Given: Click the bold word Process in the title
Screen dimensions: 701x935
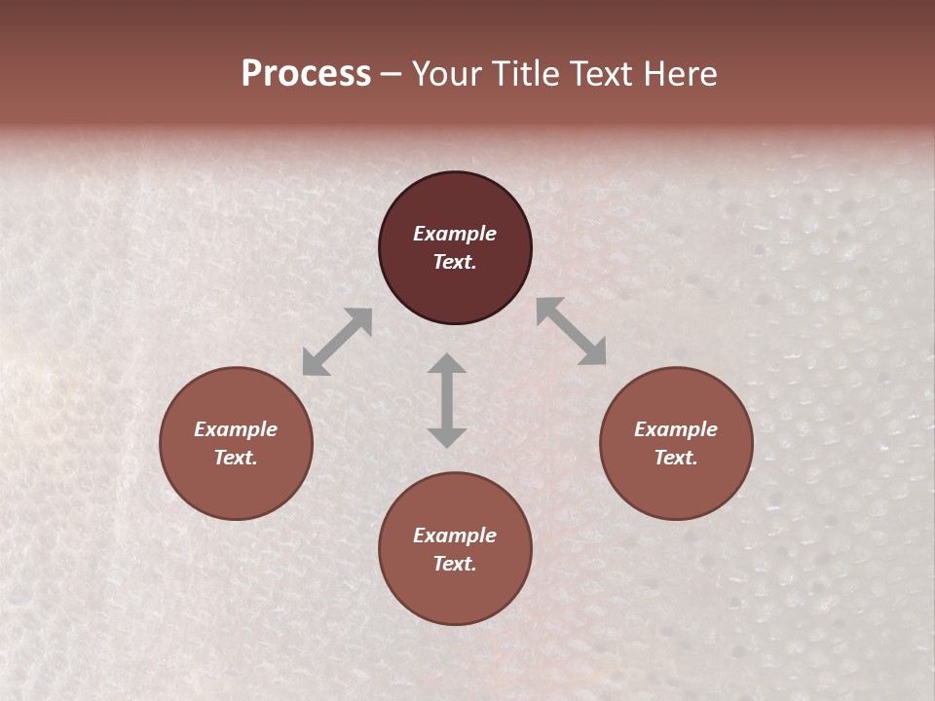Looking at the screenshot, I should click(x=306, y=74).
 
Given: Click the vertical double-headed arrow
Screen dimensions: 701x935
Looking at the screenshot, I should click(x=447, y=400).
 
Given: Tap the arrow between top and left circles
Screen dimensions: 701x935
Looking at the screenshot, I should click(x=337, y=342).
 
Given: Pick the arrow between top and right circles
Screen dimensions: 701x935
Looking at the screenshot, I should click(x=571, y=331).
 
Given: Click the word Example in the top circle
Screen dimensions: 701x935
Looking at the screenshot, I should click(x=455, y=234).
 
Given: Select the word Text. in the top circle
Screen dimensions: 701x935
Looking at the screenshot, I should click(x=455, y=262).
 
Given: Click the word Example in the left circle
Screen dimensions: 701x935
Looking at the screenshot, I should click(x=236, y=429).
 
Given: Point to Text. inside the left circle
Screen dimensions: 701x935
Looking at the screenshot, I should click(x=236, y=458).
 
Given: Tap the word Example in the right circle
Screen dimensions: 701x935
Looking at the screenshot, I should click(x=676, y=429).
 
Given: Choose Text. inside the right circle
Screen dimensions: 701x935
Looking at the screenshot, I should click(x=676, y=458).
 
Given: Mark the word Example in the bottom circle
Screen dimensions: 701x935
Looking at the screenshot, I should click(x=455, y=535).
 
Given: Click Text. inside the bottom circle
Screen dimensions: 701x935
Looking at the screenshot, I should click(x=455, y=564).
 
